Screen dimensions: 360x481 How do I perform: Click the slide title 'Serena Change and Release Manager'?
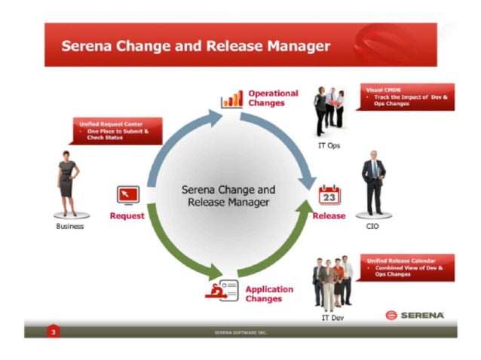[195, 46]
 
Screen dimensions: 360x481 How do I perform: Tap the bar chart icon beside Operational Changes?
[231, 99]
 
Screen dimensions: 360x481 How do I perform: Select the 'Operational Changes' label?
[273, 98]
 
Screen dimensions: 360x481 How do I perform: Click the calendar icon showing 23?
[329, 195]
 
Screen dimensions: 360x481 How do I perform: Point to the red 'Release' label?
[329, 216]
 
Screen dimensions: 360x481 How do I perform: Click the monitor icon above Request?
[127, 195]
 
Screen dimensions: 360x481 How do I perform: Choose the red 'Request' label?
[127, 216]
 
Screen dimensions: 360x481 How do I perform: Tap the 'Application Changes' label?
[269, 294]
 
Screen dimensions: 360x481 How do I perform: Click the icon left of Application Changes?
[222, 290]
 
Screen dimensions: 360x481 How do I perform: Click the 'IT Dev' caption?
[332, 319]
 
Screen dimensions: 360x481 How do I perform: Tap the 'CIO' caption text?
[372, 226]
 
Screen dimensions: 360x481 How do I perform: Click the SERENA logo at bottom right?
[414, 315]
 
